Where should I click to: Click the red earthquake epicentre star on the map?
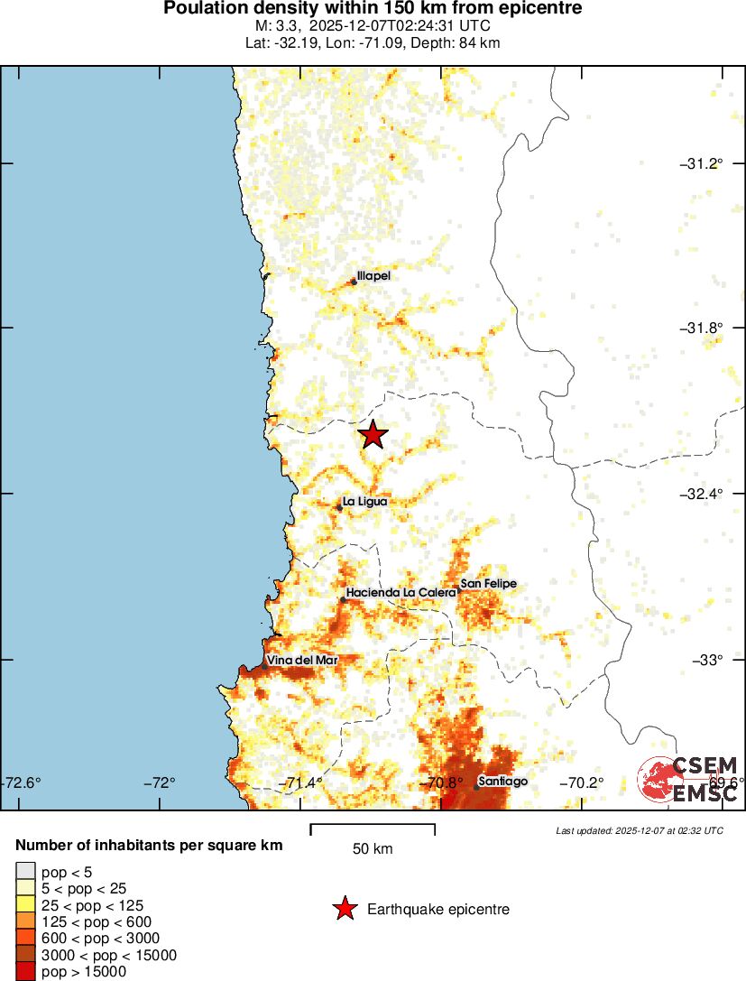pyautogui.click(x=373, y=435)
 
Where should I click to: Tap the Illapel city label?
pyautogui.click(x=373, y=276)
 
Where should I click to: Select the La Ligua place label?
pyautogui.click(x=365, y=501)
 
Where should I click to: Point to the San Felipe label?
pyautogui.click(x=488, y=584)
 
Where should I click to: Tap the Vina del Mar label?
pyautogui.click(x=301, y=661)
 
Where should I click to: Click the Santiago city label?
pyautogui.click(x=502, y=781)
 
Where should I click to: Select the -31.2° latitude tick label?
pyautogui.click(x=702, y=163)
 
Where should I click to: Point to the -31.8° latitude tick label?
pyautogui.click(x=702, y=329)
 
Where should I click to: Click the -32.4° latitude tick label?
pyautogui.click(x=702, y=495)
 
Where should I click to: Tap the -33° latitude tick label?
pyautogui.click(x=707, y=660)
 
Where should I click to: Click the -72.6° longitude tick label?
pyautogui.click(x=23, y=782)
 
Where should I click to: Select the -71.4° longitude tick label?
pyautogui.click(x=302, y=782)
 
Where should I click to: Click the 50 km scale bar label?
pyautogui.click(x=372, y=848)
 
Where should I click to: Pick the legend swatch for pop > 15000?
pyautogui.click(x=26, y=972)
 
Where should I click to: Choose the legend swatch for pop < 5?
pyautogui.click(x=26, y=872)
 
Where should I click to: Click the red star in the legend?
pyautogui.click(x=344, y=909)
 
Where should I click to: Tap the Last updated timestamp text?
pyautogui.click(x=639, y=830)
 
